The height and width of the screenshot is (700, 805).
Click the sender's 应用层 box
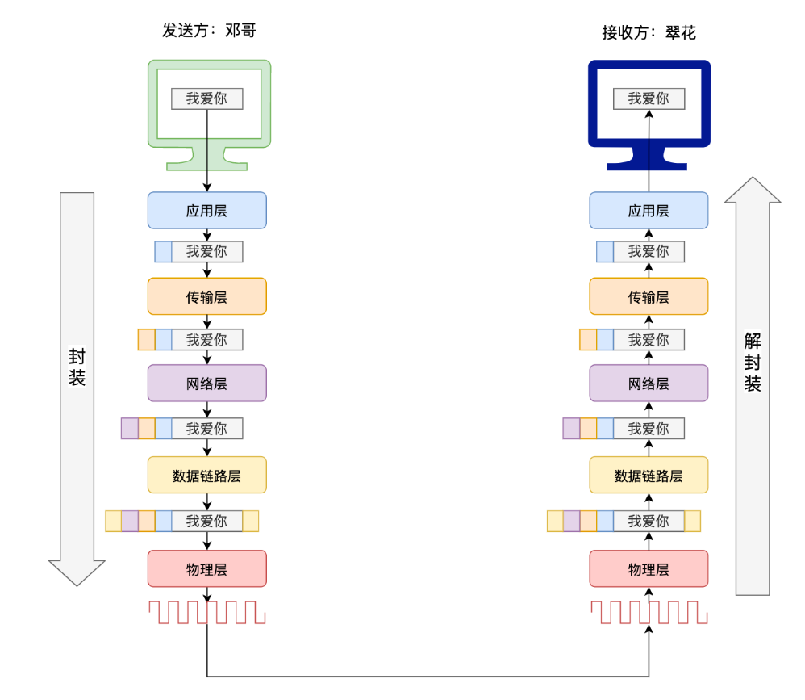point(206,211)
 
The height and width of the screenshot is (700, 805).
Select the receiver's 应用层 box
point(649,211)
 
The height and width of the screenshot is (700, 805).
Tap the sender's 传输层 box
point(206,296)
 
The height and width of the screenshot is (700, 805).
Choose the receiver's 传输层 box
point(649,296)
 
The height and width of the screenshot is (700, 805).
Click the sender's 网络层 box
point(206,383)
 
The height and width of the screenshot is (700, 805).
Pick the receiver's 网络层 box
point(649,383)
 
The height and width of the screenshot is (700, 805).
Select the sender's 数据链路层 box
point(206,475)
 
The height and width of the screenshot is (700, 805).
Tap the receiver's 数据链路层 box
point(649,475)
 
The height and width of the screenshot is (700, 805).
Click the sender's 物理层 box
point(206,568)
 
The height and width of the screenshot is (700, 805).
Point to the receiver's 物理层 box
point(649,568)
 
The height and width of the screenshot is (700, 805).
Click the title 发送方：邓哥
point(209,31)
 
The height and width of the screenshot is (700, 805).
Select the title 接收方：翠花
point(649,32)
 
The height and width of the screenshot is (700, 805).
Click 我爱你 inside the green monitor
point(206,99)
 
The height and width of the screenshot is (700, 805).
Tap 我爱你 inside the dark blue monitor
point(649,99)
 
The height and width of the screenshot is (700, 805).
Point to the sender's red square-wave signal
point(206,612)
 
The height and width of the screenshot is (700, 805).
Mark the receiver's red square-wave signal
point(649,612)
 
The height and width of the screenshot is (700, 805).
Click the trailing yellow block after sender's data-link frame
point(251,521)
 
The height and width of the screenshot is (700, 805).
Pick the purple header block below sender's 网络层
point(130,428)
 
